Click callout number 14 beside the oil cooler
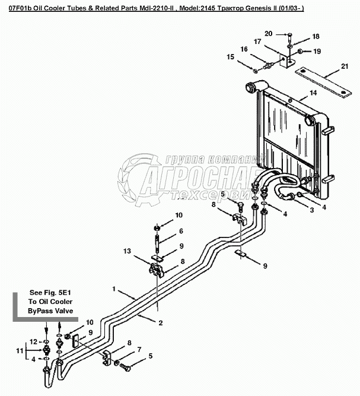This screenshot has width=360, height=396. tap(313, 93)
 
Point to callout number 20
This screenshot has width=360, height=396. tap(268, 34)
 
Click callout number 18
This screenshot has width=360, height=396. tap(316, 37)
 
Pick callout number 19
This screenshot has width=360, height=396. tap(317, 52)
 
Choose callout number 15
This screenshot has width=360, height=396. tap(231, 57)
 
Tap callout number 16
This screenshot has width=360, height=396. tap(244, 49)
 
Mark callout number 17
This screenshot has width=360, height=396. tap(258, 41)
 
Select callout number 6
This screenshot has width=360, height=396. tap(181, 230)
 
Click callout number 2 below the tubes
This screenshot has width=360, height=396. tap(160, 324)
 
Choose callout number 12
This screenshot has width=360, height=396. tap(34, 341)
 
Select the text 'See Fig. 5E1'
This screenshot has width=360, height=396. tap(50, 293)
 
